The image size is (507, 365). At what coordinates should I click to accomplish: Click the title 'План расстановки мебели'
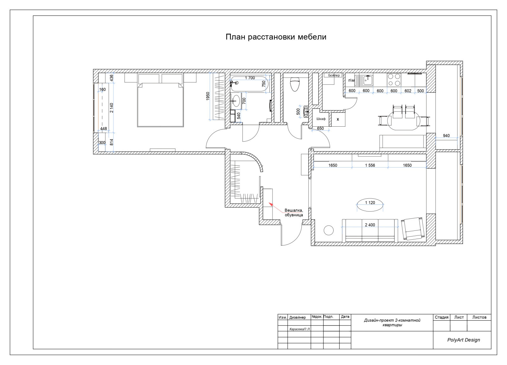pyautogui.click(x=276, y=37)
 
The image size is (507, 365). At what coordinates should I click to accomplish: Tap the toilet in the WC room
pyautogui.click(x=295, y=84)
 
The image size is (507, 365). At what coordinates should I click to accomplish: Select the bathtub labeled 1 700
pyautogui.click(x=249, y=83)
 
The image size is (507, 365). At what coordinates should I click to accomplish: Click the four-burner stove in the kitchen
pyautogui.click(x=394, y=80)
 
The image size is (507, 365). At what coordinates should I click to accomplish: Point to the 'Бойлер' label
pyautogui.click(x=334, y=75)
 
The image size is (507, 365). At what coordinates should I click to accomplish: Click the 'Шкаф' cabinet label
pyautogui.click(x=321, y=119)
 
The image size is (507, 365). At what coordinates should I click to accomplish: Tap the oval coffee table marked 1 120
pyautogui.click(x=370, y=205)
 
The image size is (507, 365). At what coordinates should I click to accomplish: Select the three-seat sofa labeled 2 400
pyautogui.click(x=370, y=230)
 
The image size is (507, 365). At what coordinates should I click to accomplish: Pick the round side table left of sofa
pyautogui.click(x=329, y=230)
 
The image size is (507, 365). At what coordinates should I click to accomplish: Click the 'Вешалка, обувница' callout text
pyautogui.click(x=294, y=213)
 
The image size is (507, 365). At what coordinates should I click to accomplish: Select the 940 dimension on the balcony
pyautogui.click(x=446, y=136)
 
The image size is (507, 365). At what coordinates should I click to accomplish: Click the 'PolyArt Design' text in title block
pyautogui.click(x=464, y=340)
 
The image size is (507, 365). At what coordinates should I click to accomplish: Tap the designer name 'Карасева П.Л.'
pyautogui.click(x=300, y=329)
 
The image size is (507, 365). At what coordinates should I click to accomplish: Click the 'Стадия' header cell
pyautogui.click(x=441, y=317)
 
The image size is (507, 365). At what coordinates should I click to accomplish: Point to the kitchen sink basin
pyautogui.click(x=368, y=80)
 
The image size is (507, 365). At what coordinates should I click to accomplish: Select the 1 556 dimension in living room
pyautogui.click(x=370, y=165)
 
